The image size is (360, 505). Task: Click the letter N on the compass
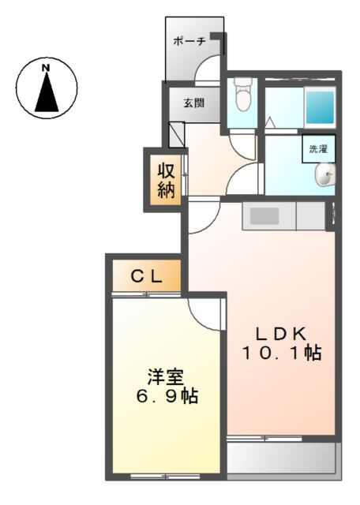(x=46, y=67)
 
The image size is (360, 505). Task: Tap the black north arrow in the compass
(x=47, y=93)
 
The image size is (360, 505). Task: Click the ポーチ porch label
(x=189, y=41)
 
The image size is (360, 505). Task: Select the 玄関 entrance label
(x=193, y=102)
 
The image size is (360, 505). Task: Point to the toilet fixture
(x=242, y=97)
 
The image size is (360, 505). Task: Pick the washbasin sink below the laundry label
(x=325, y=176)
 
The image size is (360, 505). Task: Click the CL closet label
(x=146, y=276)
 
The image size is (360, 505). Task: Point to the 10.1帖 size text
(x=281, y=353)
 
